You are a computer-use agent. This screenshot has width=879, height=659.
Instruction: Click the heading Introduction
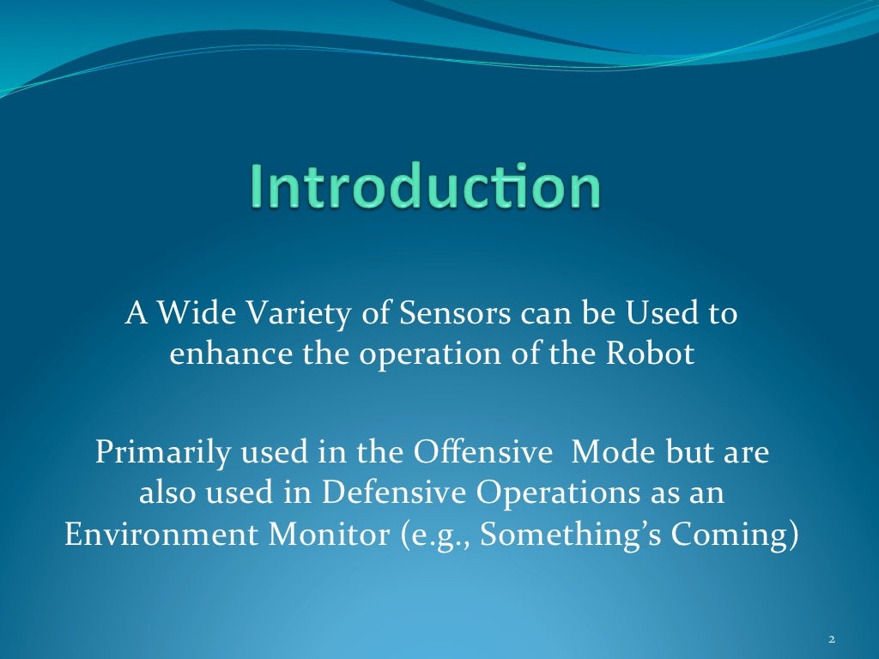coord(425,188)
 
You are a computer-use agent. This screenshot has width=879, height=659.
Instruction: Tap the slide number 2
coord(832,639)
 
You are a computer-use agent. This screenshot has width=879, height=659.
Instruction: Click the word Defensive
coord(394,493)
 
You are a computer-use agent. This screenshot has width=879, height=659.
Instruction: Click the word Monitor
coord(328,534)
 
